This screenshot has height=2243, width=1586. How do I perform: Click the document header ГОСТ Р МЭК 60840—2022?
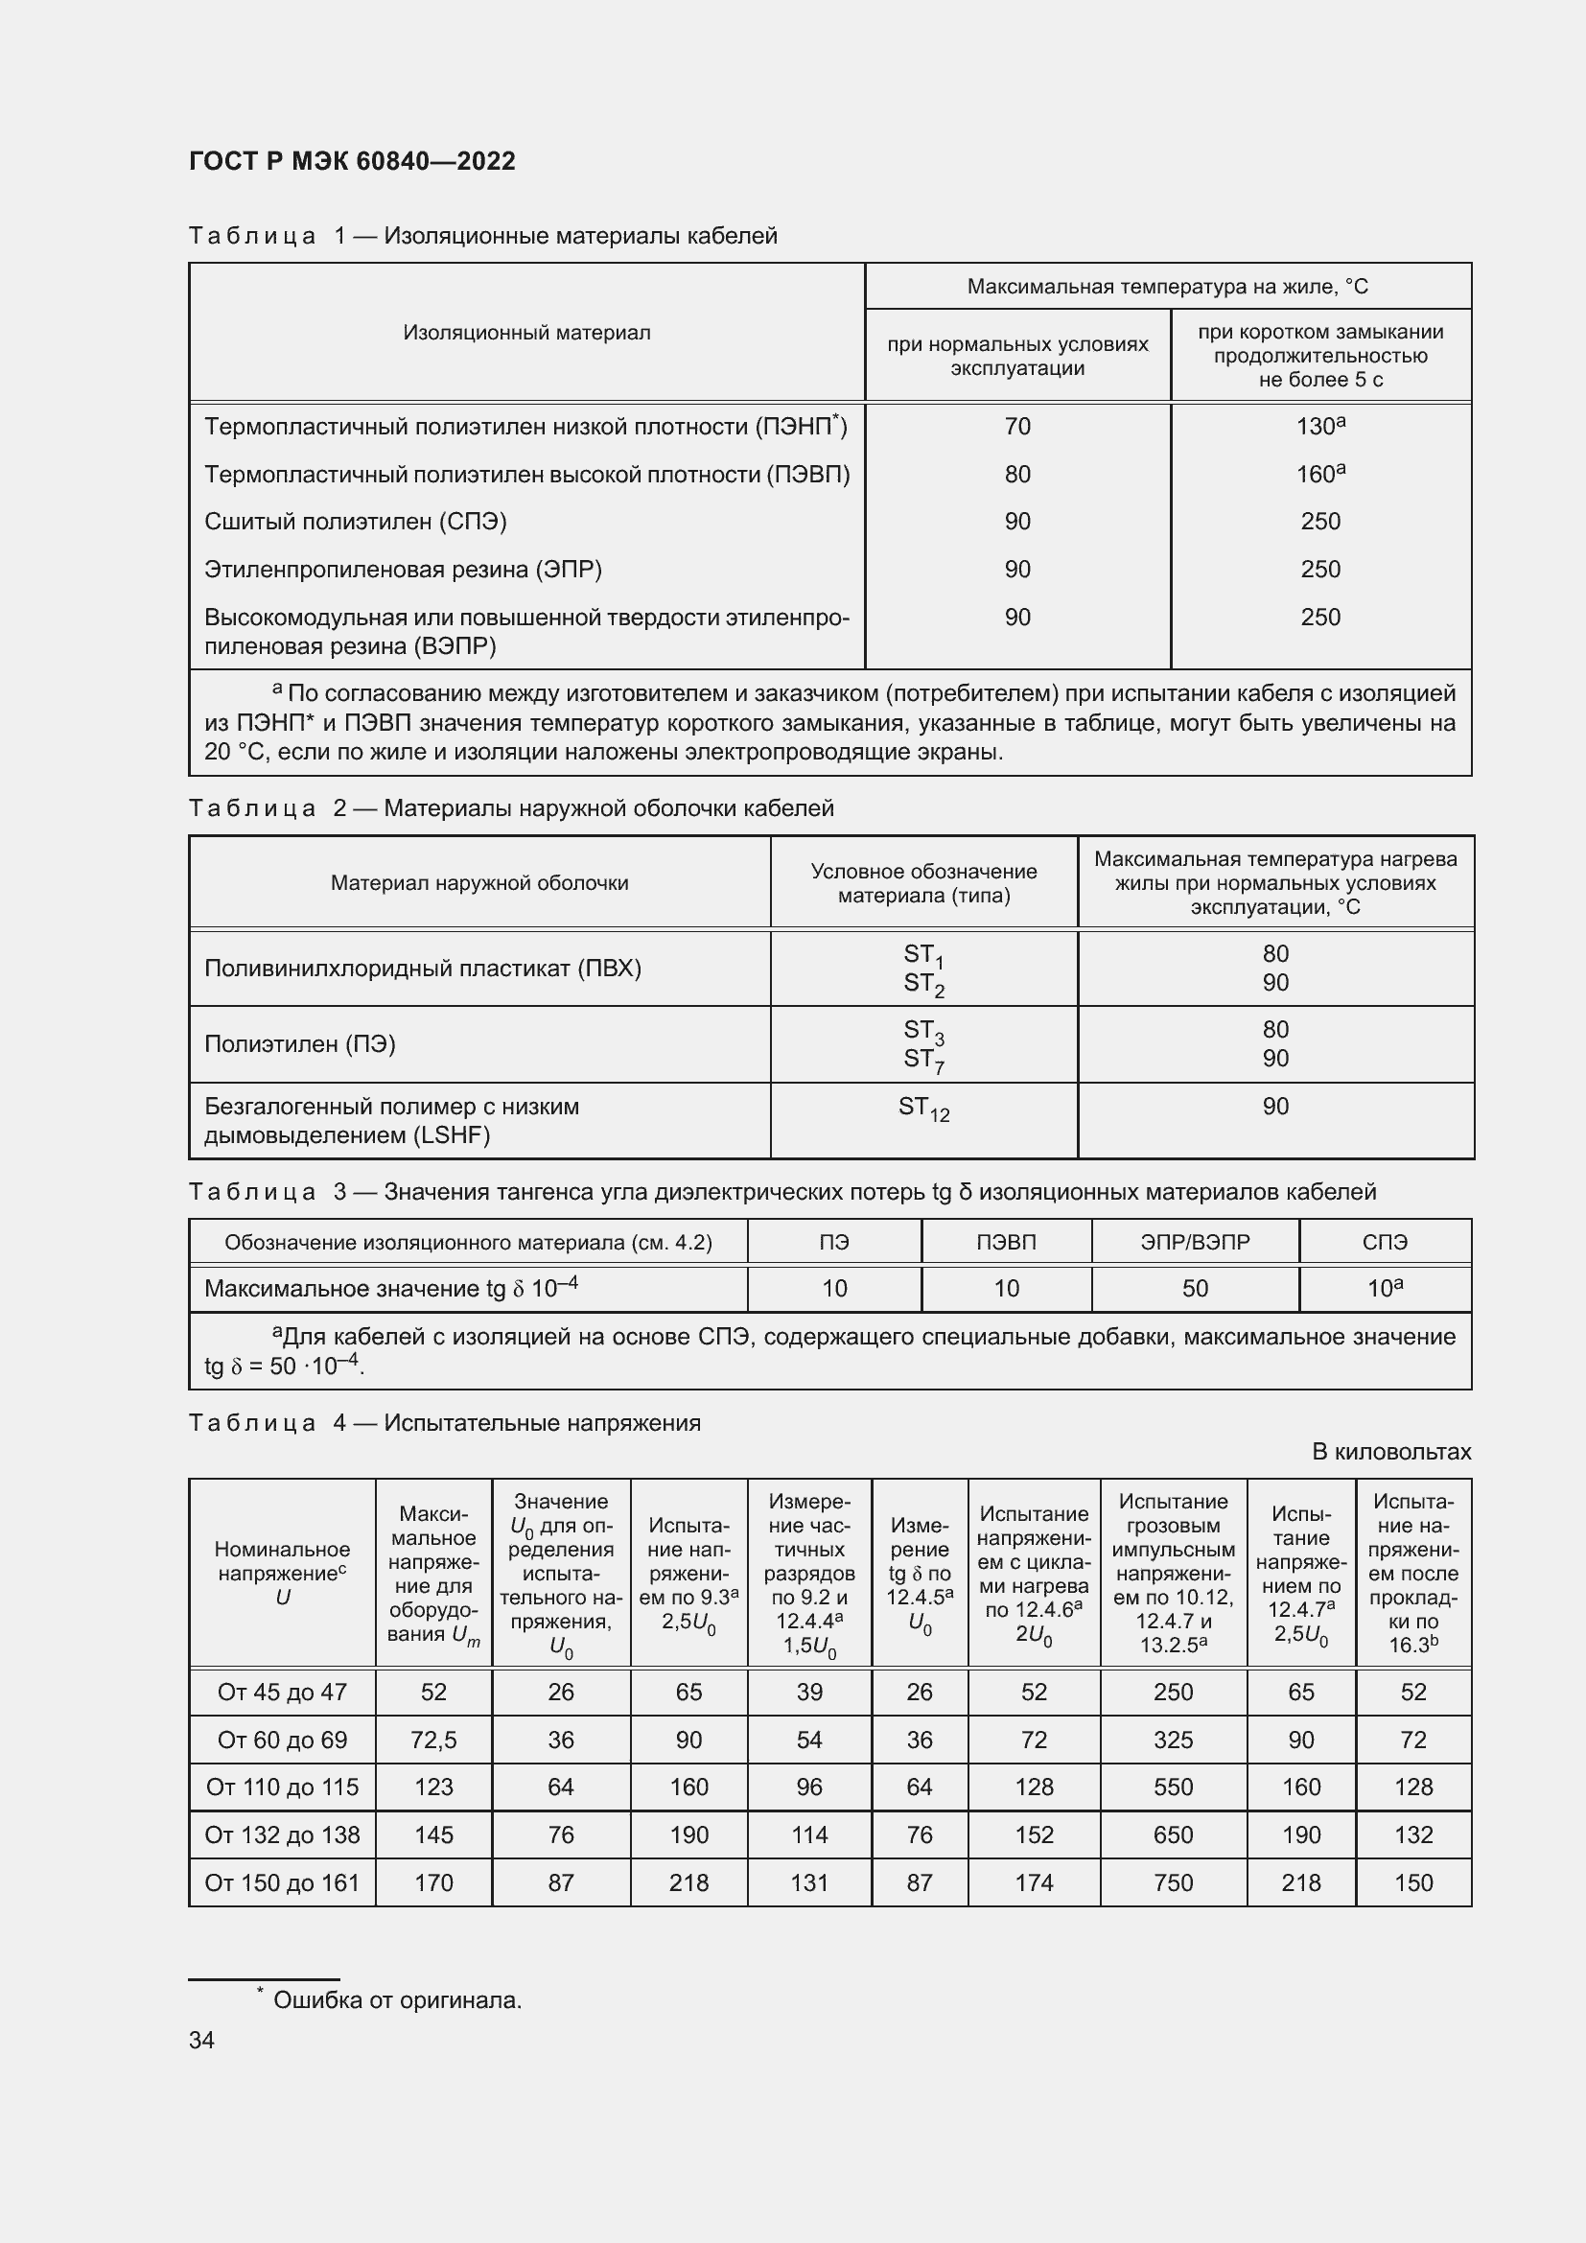coord(352,161)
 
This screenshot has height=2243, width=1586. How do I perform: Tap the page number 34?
coord(201,2040)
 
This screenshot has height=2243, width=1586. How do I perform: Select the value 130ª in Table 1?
coord(1319,427)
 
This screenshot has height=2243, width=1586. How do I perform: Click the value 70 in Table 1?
coord(1016,427)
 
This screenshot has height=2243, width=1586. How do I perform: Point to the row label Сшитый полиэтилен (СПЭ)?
coord(356,522)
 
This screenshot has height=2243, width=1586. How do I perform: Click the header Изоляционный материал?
coord(526,333)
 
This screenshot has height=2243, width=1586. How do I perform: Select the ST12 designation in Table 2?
coord(922,1108)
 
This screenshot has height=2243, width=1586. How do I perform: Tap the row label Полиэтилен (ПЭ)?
coord(300,1044)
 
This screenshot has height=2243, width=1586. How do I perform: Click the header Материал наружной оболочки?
coord(478,883)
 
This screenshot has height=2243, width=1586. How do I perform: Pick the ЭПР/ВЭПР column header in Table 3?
coord(1195,1243)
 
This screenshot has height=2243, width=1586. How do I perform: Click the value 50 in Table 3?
coord(1195,1289)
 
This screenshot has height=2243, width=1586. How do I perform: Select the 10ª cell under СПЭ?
coord(1384,1289)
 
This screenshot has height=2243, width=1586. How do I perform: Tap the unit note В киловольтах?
coord(1390,1452)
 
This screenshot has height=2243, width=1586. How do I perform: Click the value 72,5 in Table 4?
coord(433,1740)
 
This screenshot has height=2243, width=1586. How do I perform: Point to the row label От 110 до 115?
coord(282,1787)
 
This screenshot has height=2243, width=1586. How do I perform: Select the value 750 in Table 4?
coord(1172,1882)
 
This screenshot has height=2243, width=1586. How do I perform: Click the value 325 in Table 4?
coord(1172,1740)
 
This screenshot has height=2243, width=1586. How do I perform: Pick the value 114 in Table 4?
coord(808,1834)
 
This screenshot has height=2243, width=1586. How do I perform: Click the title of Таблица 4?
coord(444,1423)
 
